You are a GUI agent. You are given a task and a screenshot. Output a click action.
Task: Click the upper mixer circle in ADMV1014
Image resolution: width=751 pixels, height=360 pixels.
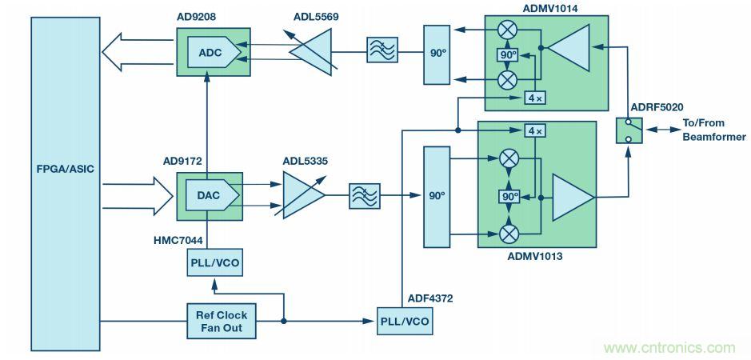point(507,31)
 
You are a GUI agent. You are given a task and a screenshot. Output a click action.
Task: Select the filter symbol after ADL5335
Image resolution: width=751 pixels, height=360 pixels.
point(365,195)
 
